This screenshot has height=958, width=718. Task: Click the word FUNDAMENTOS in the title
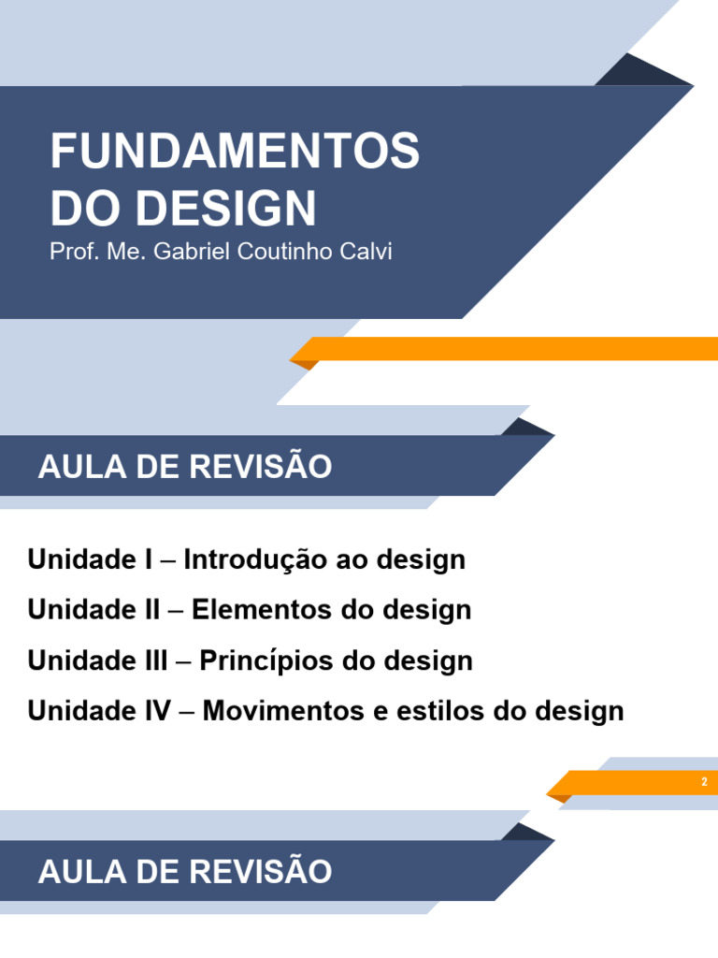pyautogui.click(x=235, y=152)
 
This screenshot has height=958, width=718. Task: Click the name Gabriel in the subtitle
pyautogui.click(x=184, y=253)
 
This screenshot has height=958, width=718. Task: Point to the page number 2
pyautogui.click(x=704, y=782)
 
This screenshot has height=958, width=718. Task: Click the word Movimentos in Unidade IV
pyautogui.click(x=277, y=711)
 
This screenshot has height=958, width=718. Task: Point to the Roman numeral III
pyautogui.click(x=151, y=661)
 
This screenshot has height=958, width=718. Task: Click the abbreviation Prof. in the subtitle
pyautogui.click(x=70, y=253)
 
